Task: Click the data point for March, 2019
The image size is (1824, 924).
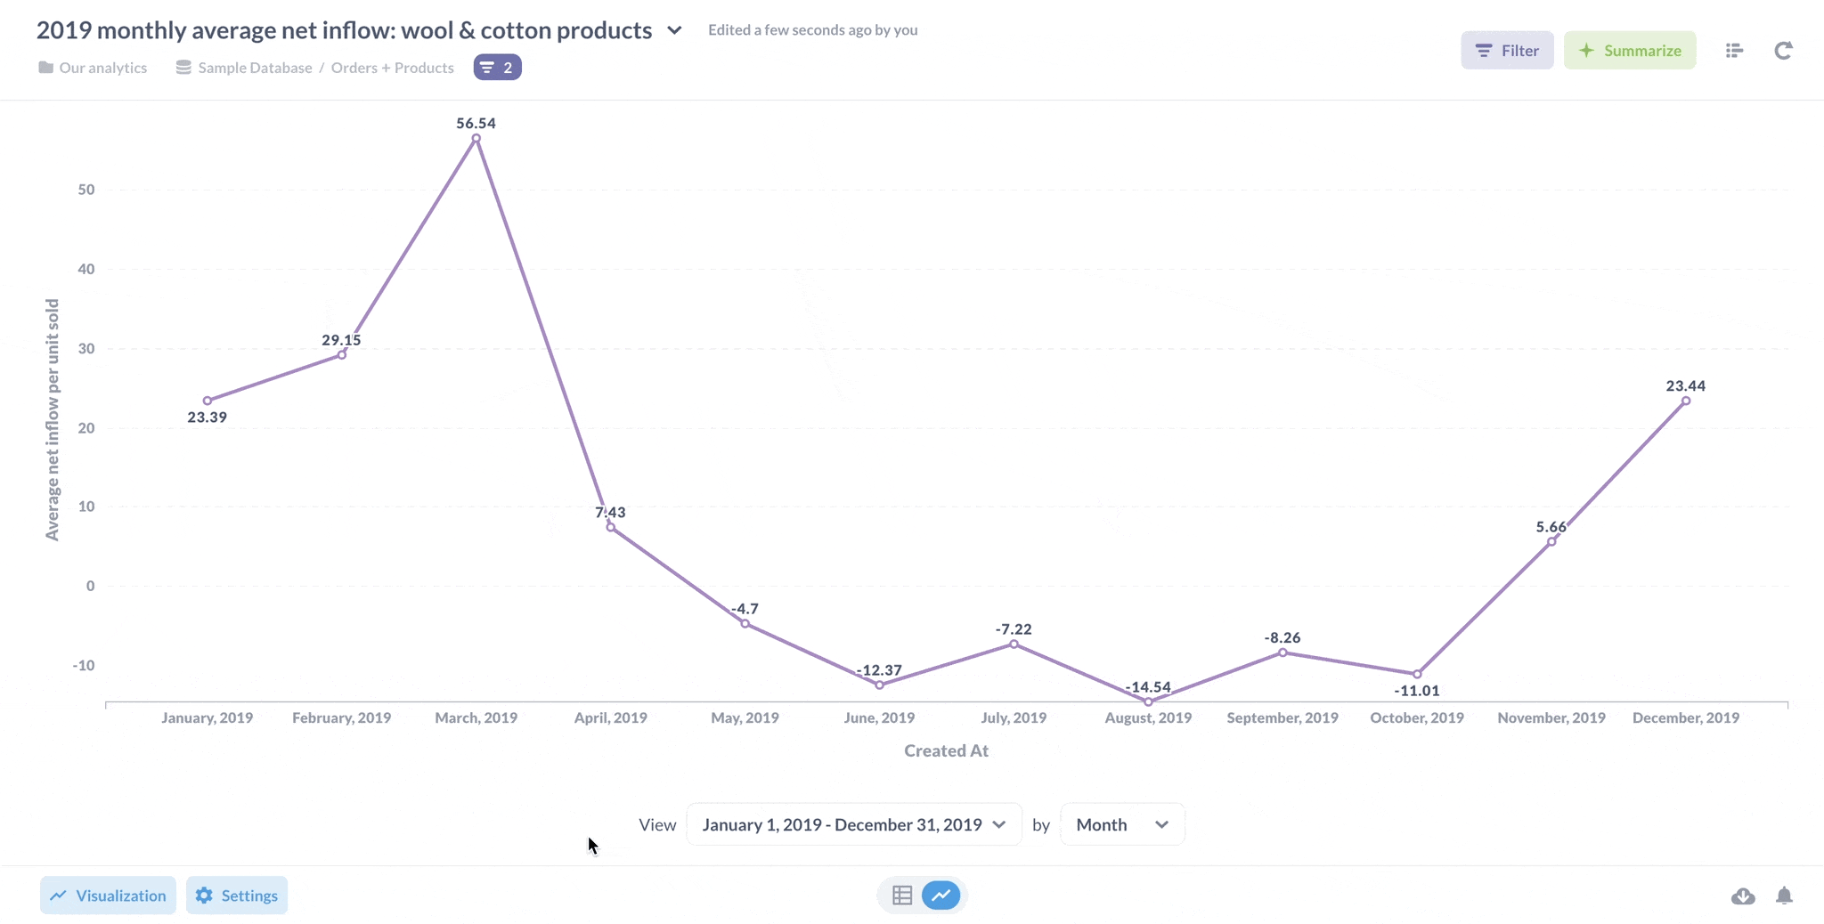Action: tap(476, 138)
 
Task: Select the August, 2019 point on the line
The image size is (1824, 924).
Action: tap(1148, 702)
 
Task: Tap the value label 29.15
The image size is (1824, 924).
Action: tap(341, 340)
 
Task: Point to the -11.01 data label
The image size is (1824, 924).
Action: tap(1416, 691)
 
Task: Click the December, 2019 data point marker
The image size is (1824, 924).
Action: tap(1685, 401)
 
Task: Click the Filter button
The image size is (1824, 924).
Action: tap(1507, 51)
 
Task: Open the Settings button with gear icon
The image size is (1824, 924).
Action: tap(237, 896)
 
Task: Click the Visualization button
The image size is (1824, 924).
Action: tap(108, 896)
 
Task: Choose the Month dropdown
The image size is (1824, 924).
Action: tap(1121, 825)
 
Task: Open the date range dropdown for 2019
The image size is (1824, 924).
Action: tap(853, 825)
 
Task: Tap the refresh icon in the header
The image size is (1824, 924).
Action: tap(1782, 51)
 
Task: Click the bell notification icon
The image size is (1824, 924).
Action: tap(1784, 896)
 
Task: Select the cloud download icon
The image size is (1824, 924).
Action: tap(1743, 896)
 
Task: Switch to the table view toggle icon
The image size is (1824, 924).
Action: tap(902, 896)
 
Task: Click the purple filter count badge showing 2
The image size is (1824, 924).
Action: tap(497, 68)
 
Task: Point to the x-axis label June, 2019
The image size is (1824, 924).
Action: tap(879, 718)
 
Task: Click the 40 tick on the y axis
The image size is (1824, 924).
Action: tap(86, 269)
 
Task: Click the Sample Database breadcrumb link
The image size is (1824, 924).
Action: tap(255, 68)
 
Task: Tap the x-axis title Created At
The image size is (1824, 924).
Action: tap(946, 751)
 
